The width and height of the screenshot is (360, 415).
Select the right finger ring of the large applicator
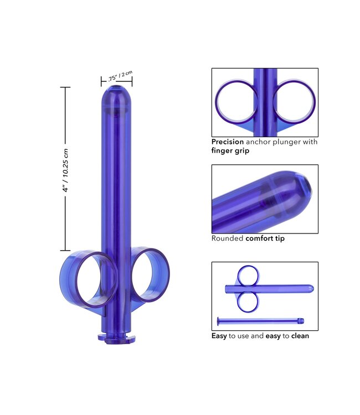point(151,275)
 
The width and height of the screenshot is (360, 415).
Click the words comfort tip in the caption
point(265,238)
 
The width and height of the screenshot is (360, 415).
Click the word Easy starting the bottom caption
point(219,336)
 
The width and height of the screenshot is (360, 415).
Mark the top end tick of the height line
point(65,87)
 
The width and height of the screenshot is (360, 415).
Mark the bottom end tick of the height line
point(65,251)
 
